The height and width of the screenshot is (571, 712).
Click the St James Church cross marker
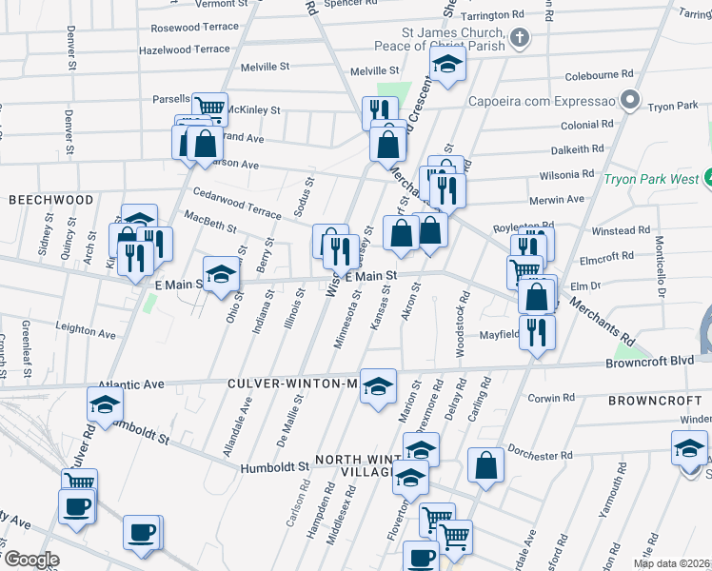point(519,38)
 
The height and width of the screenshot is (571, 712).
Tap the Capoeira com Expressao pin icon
point(628,99)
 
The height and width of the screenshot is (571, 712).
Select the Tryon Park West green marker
point(708,177)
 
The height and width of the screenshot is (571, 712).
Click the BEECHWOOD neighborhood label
point(51,200)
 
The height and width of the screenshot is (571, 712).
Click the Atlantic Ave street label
point(140,384)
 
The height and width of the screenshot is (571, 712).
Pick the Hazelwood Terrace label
point(185,49)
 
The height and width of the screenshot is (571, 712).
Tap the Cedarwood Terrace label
point(224,202)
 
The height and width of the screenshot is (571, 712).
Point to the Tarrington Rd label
point(492,16)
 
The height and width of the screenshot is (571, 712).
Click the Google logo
point(30,560)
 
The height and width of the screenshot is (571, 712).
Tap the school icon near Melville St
point(445,65)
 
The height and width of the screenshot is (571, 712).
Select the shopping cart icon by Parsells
point(208,107)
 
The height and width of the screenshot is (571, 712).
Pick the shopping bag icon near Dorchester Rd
point(485,466)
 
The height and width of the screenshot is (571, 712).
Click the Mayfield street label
point(499,335)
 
